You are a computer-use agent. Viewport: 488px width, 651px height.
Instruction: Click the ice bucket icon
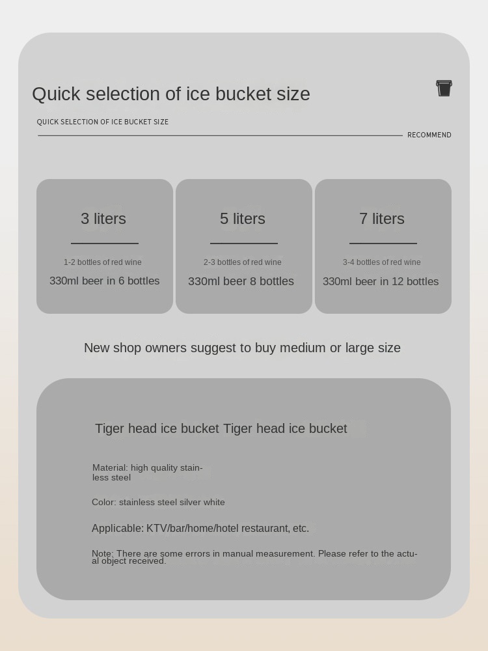[x=444, y=88]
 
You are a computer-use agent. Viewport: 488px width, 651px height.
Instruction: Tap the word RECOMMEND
[x=429, y=135]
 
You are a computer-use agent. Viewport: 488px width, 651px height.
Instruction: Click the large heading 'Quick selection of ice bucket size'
[x=171, y=94]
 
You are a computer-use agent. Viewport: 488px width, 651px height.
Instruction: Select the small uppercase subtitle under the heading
[x=103, y=122]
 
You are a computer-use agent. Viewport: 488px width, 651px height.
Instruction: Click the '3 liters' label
[x=103, y=218]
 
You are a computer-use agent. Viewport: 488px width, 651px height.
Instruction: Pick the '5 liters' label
[x=242, y=218]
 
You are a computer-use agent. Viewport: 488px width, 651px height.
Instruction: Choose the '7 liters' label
[x=382, y=218]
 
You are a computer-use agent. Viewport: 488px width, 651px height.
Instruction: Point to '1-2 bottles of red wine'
[x=103, y=262]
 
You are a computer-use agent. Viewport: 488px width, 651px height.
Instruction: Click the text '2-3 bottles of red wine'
[x=242, y=262]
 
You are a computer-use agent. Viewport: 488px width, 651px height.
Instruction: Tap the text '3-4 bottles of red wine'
[x=382, y=262]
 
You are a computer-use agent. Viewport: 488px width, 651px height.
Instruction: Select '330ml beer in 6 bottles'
[x=105, y=281]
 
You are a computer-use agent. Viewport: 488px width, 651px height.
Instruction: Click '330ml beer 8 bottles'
[x=241, y=281]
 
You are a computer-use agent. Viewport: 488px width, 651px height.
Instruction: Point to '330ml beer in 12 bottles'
[x=381, y=281]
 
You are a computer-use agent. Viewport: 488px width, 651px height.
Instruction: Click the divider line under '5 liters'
[x=244, y=243]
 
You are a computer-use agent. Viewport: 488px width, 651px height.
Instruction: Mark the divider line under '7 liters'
[x=383, y=243]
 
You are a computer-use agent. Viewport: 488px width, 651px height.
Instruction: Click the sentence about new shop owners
[x=242, y=348]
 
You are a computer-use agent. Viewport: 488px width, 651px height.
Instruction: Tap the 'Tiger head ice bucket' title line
[x=221, y=428]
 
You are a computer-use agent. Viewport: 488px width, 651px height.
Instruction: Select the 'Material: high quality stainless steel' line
[x=147, y=473]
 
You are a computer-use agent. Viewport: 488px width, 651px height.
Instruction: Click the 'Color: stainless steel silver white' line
[x=158, y=503]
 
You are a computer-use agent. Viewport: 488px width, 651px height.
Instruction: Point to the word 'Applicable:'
[x=118, y=528]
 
